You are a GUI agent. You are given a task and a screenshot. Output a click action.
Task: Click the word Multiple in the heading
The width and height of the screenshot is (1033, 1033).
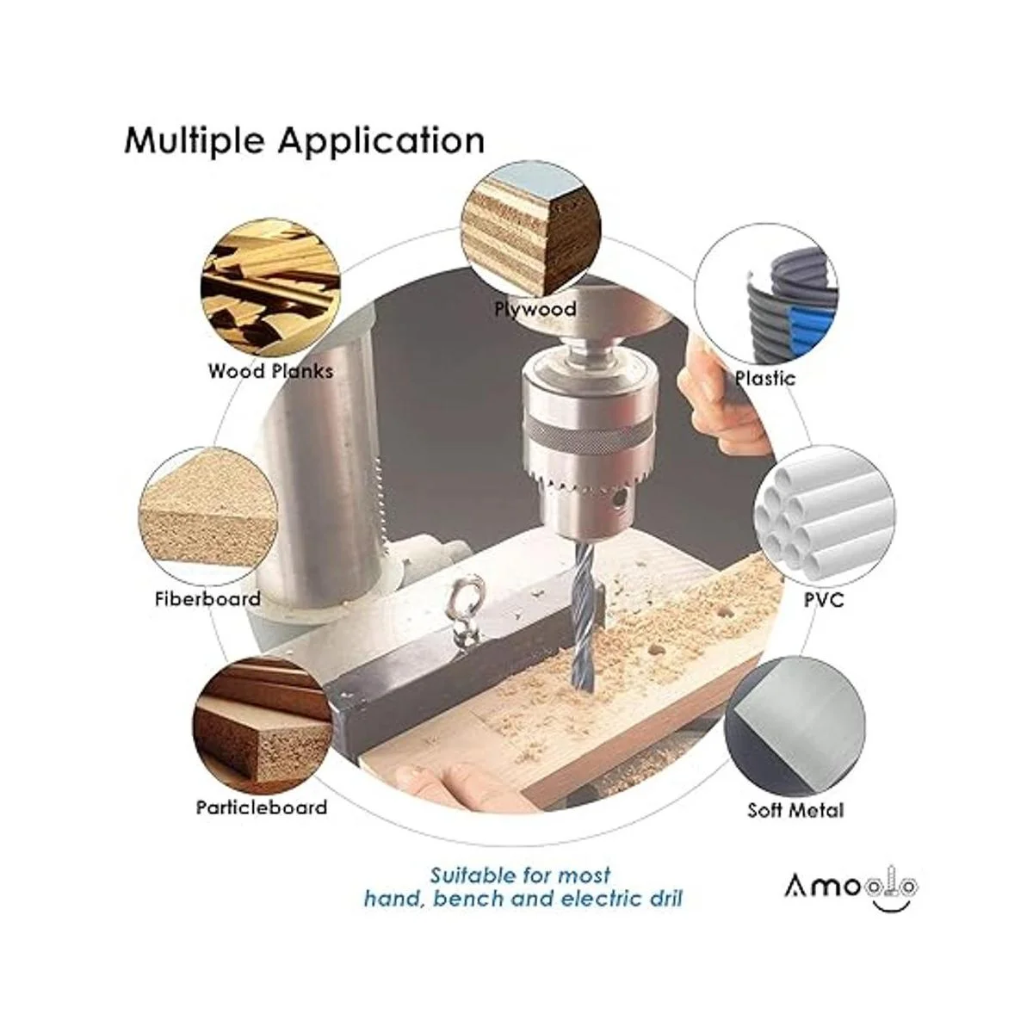pos(195,141)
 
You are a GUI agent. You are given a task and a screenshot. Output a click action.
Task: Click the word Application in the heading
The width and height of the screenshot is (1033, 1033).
pos(381,141)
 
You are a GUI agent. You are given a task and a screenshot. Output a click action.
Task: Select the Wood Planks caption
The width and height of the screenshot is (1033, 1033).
pos(270,371)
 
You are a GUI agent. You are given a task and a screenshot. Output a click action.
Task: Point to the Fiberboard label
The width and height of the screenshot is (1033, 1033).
pos(208,598)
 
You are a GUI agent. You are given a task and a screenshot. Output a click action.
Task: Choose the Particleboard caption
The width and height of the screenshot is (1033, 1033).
pos(262,807)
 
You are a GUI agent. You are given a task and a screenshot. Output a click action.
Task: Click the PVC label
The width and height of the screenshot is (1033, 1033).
pos(824,600)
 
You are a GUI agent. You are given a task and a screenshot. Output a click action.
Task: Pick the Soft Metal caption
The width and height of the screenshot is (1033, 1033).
pos(795,810)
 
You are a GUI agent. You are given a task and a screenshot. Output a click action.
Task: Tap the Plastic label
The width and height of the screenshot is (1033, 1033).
pos(765,379)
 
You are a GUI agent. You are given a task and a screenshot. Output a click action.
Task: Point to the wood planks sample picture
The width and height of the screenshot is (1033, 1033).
pos(270,288)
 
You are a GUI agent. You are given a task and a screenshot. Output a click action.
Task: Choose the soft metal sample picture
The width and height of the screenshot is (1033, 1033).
pos(795,727)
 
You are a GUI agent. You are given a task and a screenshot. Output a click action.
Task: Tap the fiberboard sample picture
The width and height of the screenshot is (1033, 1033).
pos(208,516)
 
